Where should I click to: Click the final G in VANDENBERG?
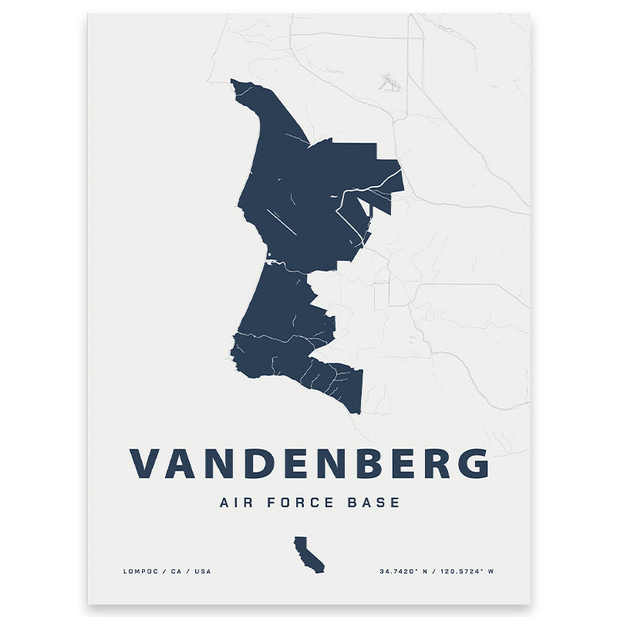coord(470,464)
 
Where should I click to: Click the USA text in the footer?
coord(201,571)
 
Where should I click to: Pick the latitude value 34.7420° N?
coord(404,571)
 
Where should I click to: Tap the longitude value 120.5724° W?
coord(461,571)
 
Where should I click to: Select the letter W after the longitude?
coord(491,571)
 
